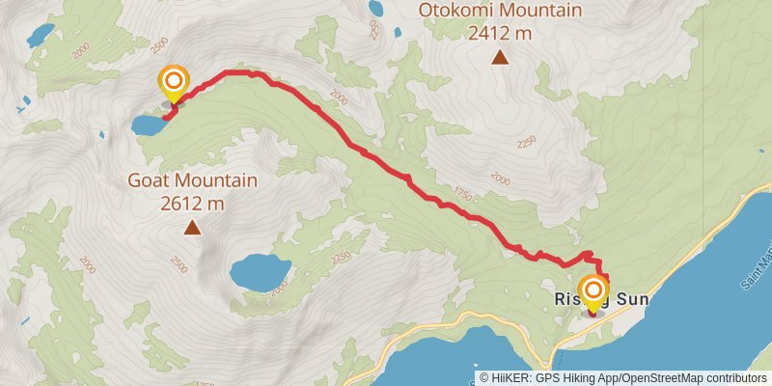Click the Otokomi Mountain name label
coord(500,12)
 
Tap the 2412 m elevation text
coord(500,34)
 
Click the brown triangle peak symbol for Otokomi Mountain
coord(500,58)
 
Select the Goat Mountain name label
coord(192,180)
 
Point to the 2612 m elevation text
coord(192,203)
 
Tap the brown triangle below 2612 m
coord(192,228)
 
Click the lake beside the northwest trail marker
coord(150,124)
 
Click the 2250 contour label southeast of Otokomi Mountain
coord(526,142)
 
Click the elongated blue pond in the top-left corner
coord(41,36)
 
